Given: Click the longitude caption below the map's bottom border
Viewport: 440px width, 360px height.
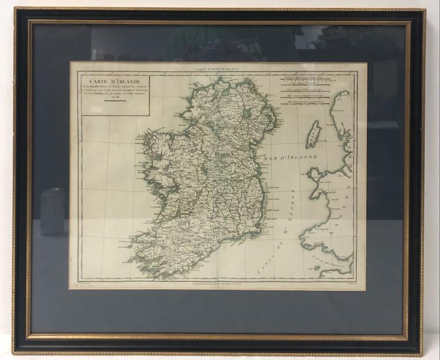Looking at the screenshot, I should tap(218, 287).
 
